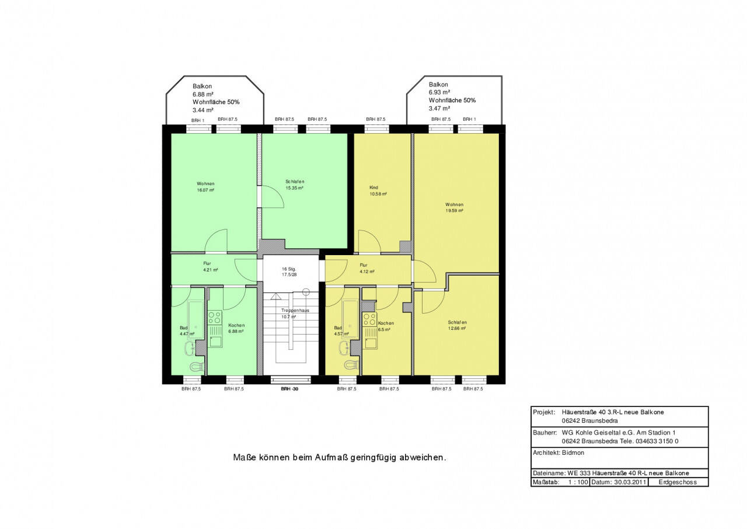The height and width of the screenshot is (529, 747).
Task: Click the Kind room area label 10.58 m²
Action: click(378, 194)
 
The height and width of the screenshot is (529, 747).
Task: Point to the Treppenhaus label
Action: click(295, 310)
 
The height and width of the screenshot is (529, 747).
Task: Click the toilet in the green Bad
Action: click(197, 366)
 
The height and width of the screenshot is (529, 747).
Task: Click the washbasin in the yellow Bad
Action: click(344, 349)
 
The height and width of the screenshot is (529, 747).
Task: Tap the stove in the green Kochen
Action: click(215, 318)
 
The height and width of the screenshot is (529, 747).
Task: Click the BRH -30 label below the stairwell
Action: click(289, 389)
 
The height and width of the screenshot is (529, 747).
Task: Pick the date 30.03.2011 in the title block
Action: click(630, 482)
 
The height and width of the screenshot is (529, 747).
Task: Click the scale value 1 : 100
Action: click(578, 482)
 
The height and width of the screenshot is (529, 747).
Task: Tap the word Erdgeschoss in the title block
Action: click(678, 482)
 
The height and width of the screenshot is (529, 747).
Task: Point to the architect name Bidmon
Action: click(573, 453)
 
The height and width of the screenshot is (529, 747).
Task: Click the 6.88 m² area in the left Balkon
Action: click(203, 95)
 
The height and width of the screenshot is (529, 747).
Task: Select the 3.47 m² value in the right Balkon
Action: click(439, 109)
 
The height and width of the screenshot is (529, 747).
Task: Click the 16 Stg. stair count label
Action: click(289, 269)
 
